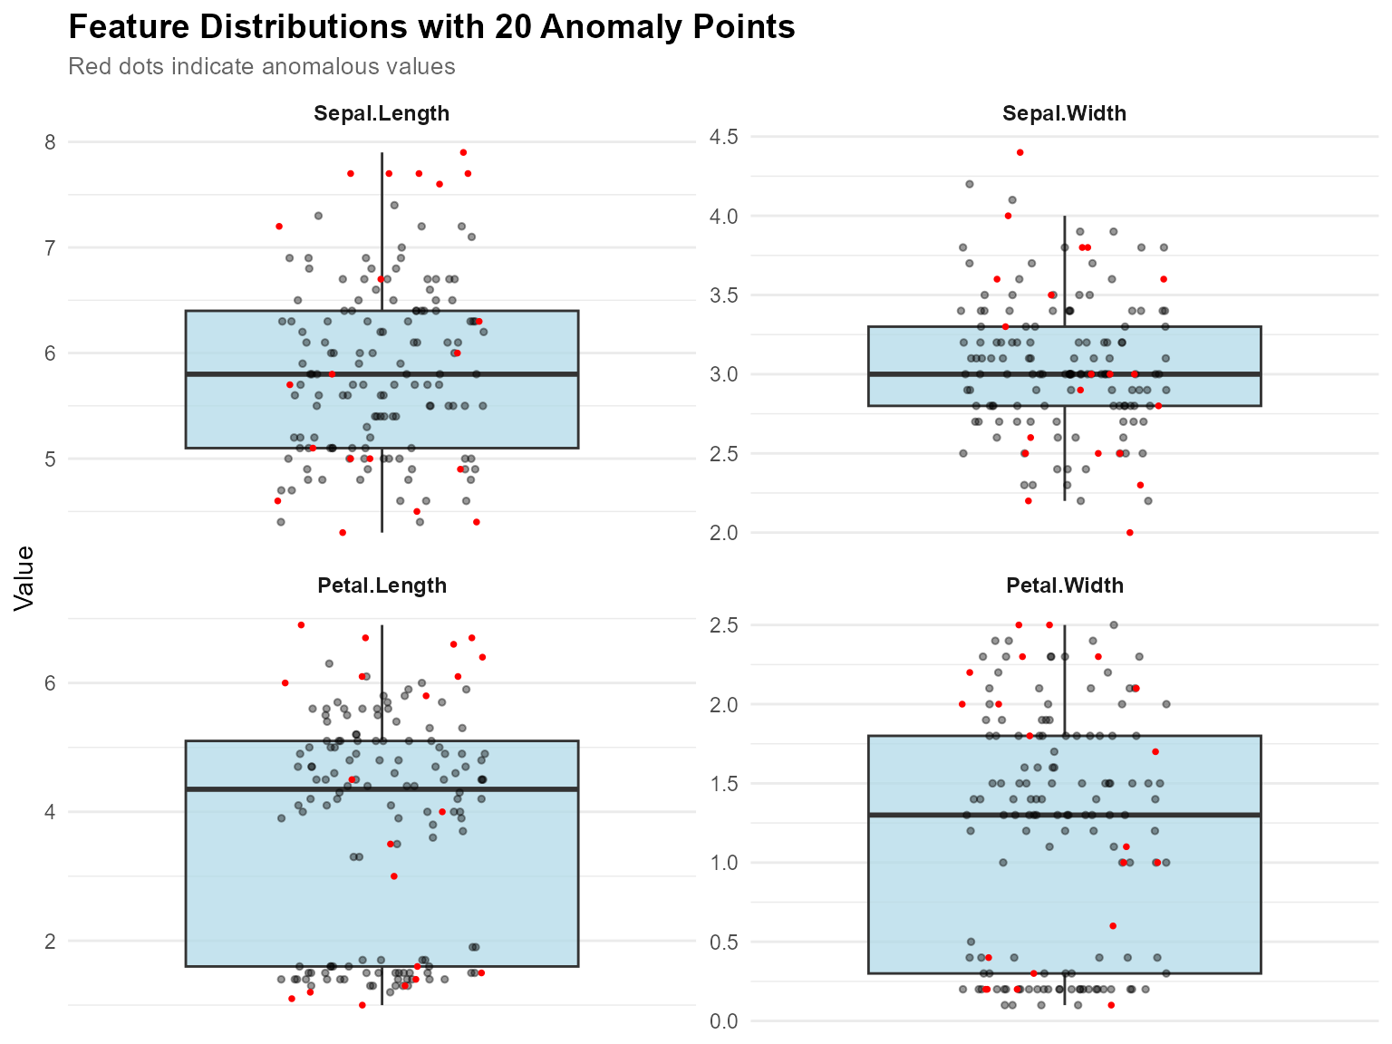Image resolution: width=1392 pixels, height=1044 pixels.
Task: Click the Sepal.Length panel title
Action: point(382,113)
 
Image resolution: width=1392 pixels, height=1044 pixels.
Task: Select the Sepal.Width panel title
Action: point(1064,113)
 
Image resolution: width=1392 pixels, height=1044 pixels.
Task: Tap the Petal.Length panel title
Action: point(382,585)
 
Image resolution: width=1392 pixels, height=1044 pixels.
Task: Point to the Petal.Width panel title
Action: point(1064,585)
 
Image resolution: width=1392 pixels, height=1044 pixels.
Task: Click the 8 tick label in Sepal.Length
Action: point(50,142)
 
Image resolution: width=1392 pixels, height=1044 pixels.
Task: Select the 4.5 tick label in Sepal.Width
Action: point(723,137)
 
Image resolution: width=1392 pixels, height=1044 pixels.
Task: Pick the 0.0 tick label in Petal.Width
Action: point(723,1021)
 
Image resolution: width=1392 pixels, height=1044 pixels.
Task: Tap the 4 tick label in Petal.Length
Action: point(50,812)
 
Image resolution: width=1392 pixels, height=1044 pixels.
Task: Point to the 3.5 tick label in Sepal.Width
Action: point(723,295)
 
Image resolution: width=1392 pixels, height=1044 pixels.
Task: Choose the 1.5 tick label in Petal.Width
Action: point(723,783)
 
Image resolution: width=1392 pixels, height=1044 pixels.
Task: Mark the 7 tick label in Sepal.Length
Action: point(50,247)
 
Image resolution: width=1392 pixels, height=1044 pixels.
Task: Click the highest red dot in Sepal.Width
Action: point(1020,152)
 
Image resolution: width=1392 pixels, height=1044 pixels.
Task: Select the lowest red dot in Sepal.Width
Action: point(1130,533)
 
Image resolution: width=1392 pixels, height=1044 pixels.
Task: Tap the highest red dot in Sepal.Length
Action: point(463,152)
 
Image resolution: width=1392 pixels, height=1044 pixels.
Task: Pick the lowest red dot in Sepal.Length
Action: point(343,533)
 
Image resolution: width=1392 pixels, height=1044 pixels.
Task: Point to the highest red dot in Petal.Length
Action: point(301,624)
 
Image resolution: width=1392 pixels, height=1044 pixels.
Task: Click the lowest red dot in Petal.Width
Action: point(1111,1005)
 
